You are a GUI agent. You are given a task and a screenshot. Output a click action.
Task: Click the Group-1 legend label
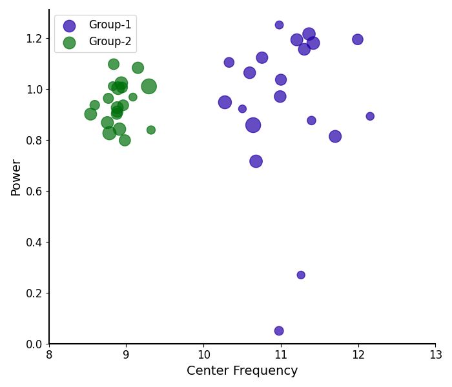pyautogui.click(x=110, y=25)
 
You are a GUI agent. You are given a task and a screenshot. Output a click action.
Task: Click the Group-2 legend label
pyautogui.click(x=110, y=42)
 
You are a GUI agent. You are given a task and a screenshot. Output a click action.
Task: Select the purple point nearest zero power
pyautogui.click(x=279, y=331)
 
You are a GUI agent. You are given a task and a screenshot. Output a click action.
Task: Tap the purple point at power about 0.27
pyautogui.click(x=301, y=275)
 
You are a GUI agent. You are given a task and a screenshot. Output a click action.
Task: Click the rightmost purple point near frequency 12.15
pyautogui.click(x=370, y=116)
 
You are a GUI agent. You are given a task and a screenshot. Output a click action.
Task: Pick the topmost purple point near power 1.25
pyautogui.click(x=279, y=25)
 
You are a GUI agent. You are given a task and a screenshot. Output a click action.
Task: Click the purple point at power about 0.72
pyautogui.click(x=256, y=161)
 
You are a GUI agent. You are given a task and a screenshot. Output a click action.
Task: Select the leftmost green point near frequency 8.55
pyautogui.click(x=90, y=114)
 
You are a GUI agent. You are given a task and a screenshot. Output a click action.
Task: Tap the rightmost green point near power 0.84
pyautogui.click(x=151, y=130)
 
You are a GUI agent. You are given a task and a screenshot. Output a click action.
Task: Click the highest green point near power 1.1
pyautogui.click(x=114, y=64)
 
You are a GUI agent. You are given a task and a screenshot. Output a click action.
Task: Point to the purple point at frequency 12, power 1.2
pyautogui.click(x=358, y=39)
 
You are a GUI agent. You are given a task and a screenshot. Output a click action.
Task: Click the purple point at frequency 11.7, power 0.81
pyautogui.click(x=335, y=136)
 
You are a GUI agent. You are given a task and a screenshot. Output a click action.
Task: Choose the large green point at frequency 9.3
pyautogui.click(x=149, y=86)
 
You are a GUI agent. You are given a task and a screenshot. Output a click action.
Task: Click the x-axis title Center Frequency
pyautogui.click(x=242, y=371)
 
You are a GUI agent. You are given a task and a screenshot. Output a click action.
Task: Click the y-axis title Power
pyautogui.click(x=16, y=177)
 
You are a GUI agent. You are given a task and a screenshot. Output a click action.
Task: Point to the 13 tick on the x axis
pyautogui.click(x=435, y=344)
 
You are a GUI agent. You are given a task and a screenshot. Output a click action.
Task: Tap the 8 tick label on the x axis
pyautogui.click(x=49, y=355)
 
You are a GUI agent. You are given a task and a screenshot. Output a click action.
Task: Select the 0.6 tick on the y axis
pyautogui.click(x=49, y=191)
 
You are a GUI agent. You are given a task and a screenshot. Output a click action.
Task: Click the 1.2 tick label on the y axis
pyautogui.click(x=33, y=38)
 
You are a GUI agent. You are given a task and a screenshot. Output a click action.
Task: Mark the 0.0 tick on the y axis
pyautogui.click(x=49, y=344)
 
